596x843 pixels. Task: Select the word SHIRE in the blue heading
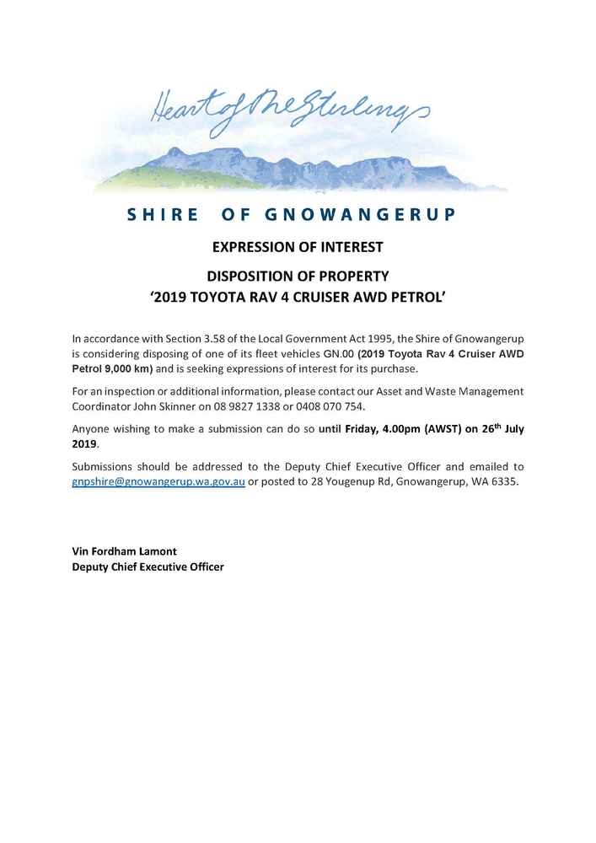(x=163, y=214)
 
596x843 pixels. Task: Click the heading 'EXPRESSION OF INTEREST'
(x=298, y=248)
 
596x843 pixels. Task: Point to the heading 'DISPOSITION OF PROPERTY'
(x=298, y=276)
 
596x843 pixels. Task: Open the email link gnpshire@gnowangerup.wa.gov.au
(x=158, y=481)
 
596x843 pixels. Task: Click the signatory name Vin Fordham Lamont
(x=125, y=551)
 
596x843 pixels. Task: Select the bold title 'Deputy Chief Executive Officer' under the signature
(x=148, y=567)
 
